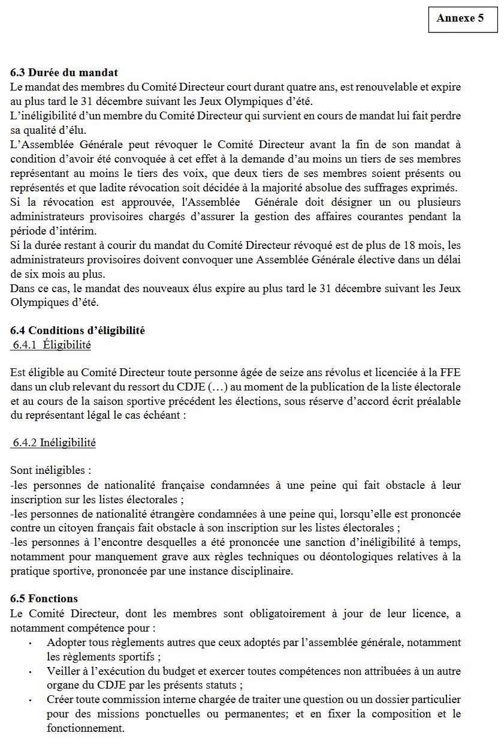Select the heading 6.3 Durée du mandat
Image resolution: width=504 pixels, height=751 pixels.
point(64,73)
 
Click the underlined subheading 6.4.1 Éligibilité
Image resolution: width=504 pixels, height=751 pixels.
point(52,345)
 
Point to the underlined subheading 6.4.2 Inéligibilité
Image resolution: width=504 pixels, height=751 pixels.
point(54,443)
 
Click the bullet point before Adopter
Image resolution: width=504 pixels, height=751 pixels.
point(29,643)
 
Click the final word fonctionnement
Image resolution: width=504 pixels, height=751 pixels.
point(85,728)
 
